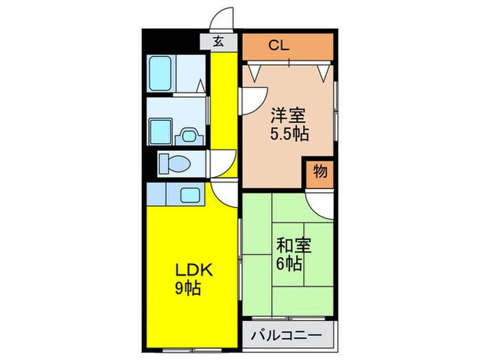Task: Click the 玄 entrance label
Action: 218,41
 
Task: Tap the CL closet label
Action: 278,46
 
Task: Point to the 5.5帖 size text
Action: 288,133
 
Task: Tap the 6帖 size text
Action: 289,263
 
